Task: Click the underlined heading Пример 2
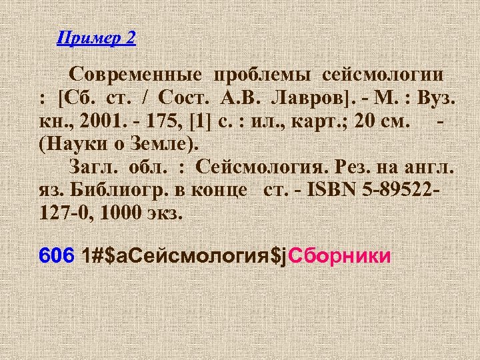[96, 38]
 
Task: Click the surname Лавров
[307, 100]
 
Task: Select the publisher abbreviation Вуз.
[436, 100]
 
